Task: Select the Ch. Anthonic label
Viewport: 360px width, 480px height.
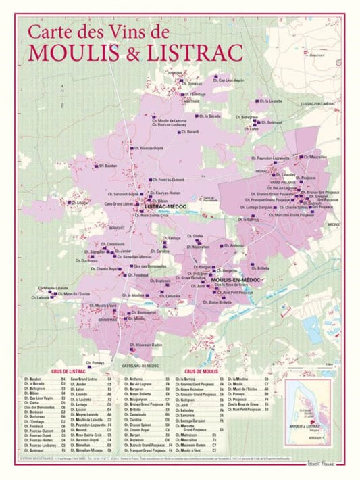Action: pyautogui.click(x=234, y=245)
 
